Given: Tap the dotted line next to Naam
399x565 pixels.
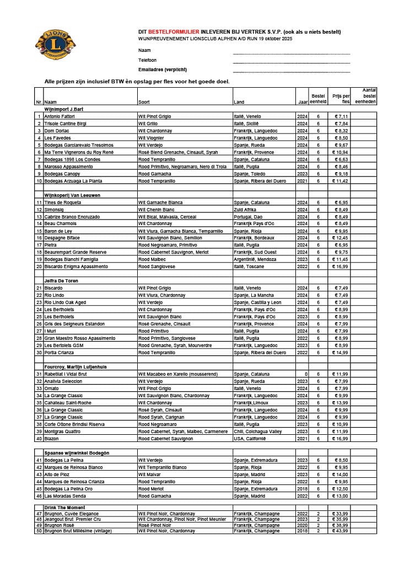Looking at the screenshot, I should tap(291, 54).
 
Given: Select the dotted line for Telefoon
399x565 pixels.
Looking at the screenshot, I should tap(291, 63).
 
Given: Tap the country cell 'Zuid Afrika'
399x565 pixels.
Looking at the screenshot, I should tap(245, 210).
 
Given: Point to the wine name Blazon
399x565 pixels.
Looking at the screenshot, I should tap(52, 439).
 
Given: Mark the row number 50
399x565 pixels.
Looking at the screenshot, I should tap(39, 531).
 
